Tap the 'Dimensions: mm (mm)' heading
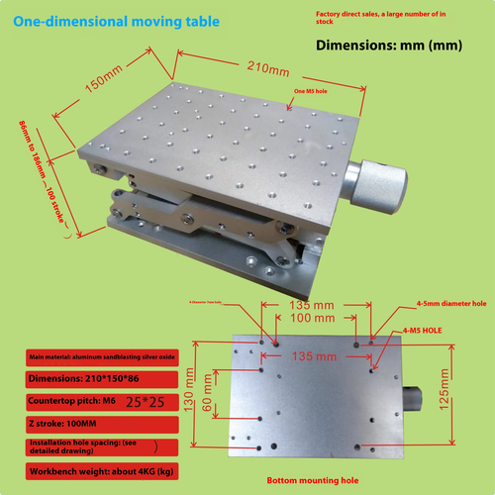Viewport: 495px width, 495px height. [x=385, y=45]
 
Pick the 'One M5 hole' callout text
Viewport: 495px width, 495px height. [x=314, y=90]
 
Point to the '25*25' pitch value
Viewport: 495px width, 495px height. [x=154, y=401]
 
